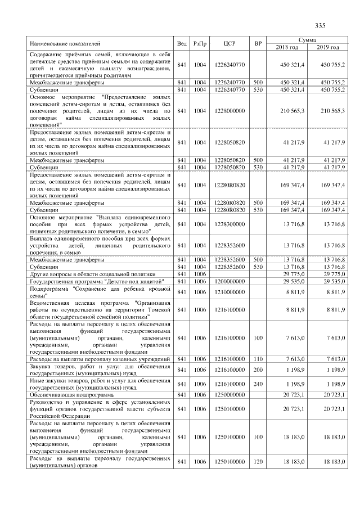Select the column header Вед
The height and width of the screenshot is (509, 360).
point(182,43)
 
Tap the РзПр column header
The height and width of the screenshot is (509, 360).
point(199,43)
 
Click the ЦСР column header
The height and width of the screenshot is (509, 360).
point(228,43)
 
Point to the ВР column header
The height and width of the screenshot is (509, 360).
point(258,43)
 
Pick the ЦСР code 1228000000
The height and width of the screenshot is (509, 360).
point(229,111)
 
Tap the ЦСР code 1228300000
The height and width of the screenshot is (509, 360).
point(229,224)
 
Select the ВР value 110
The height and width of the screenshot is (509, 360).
point(258,359)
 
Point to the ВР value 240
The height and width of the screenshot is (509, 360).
point(258,384)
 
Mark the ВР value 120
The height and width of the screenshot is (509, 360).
point(258,462)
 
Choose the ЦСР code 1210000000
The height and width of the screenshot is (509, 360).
point(229,292)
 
